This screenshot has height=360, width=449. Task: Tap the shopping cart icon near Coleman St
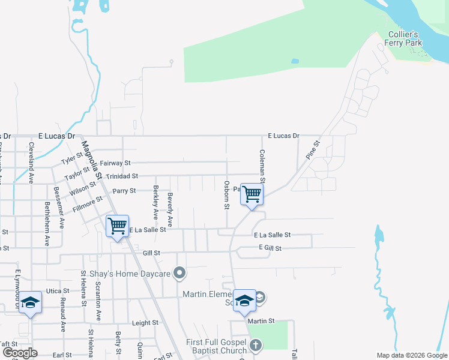click(252, 194)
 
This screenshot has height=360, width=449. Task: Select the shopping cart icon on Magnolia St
click(118, 227)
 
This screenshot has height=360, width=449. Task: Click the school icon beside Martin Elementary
click(244, 301)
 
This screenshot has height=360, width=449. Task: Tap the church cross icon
click(256, 345)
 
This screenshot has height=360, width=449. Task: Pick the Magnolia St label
click(94, 161)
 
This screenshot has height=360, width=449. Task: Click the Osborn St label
click(226, 195)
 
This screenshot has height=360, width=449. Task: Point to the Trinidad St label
click(122, 176)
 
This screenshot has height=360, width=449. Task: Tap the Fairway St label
click(115, 163)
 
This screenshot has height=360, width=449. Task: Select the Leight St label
click(145, 322)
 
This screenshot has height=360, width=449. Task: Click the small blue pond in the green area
click(294, 61)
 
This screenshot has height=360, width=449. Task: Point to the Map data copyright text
click(412, 355)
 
